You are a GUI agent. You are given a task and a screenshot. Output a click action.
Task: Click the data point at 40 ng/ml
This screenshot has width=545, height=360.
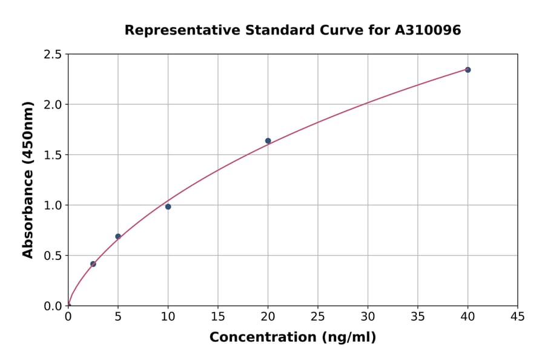click(x=467, y=70)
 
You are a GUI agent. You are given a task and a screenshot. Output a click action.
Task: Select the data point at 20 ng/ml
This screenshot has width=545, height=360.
click(x=268, y=141)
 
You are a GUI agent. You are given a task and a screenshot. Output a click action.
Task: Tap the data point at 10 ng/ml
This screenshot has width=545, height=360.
click(x=168, y=207)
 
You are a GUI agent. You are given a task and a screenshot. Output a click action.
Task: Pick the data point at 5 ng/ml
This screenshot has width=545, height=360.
click(x=118, y=236)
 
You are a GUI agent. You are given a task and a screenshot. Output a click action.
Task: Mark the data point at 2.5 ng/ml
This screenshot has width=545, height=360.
click(x=93, y=264)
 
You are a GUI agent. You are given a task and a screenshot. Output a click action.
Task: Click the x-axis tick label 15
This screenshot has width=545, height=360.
click(x=218, y=316)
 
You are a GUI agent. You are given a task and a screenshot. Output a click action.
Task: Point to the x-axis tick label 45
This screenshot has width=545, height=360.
click(x=518, y=316)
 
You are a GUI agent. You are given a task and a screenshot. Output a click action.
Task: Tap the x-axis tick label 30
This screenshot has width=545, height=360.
click(x=368, y=316)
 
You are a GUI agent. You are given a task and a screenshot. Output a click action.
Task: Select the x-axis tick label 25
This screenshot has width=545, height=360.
click(x=318, y=316)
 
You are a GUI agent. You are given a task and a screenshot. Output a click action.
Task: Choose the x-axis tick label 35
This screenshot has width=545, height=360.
click(x=418, y=316)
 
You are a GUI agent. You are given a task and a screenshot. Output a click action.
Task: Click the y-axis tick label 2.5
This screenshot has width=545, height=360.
click(x=53, y=55)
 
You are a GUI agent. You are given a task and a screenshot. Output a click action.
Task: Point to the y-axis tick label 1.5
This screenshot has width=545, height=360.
click(x=53, y=155)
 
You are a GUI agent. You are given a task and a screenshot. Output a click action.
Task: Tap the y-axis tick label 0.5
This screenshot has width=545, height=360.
click(x=53, y=256)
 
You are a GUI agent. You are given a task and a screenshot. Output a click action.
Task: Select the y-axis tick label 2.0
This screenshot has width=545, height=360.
click(x=53, y=105)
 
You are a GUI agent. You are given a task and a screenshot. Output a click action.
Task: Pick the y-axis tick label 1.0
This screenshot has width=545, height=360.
click(x=53, y=205)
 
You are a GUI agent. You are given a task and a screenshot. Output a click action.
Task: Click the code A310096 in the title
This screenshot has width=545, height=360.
click(x=428, y=30)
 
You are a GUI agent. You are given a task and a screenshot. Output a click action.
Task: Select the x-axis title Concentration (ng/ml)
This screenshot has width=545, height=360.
click(x=292, y=337)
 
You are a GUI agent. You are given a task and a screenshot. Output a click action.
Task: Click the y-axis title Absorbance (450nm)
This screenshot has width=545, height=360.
click(x=28, y=179)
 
